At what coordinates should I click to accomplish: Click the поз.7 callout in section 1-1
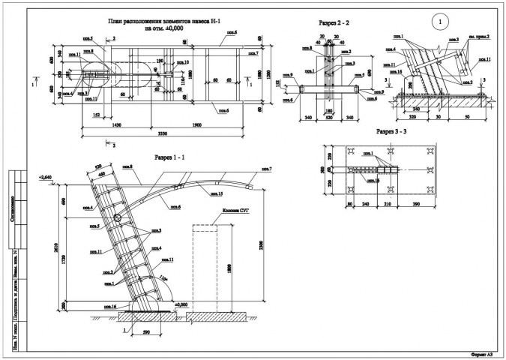267,168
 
